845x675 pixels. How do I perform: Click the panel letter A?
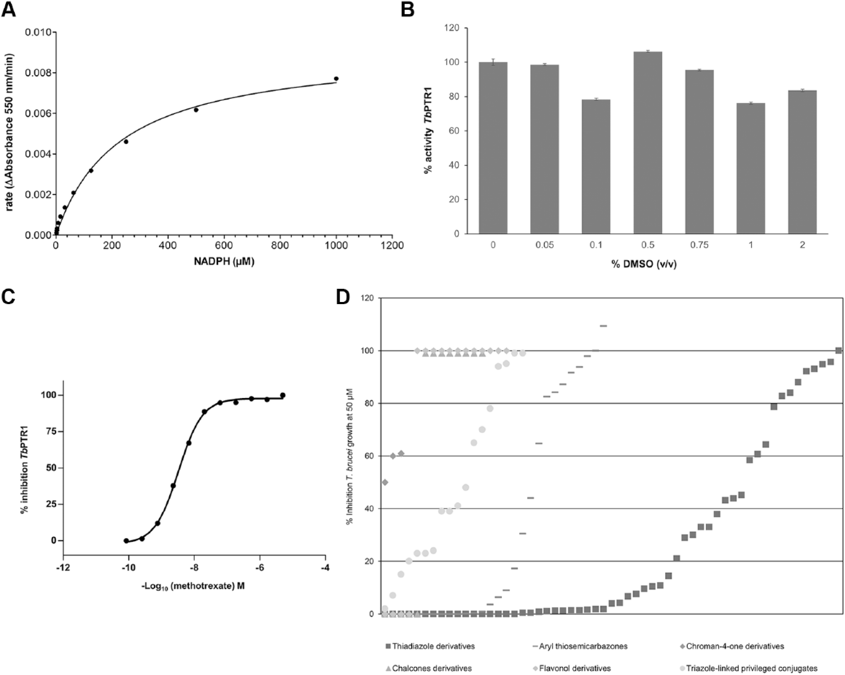coord(9,9)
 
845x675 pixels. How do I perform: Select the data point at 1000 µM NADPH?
coord(336,79)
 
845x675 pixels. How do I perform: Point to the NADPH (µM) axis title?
coord(224,261)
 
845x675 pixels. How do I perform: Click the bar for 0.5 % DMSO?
coord(648,142)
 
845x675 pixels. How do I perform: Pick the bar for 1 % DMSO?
coord(751,168)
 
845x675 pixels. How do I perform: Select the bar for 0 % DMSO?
coord(493,148)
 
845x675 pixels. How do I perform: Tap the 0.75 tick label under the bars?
coord(699,245)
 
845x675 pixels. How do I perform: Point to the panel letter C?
coord(9,296)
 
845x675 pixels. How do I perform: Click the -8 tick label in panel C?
coord(194,568)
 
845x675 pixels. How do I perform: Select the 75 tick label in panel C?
coord(51,431)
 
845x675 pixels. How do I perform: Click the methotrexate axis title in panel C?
coord(193,586)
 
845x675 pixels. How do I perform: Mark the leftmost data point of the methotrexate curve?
coord(126,541)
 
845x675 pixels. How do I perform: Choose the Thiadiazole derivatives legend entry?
coord(430,646)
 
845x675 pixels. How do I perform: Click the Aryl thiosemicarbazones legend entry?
coord(580,646)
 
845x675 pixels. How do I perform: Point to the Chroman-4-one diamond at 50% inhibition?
coord(385,482)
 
